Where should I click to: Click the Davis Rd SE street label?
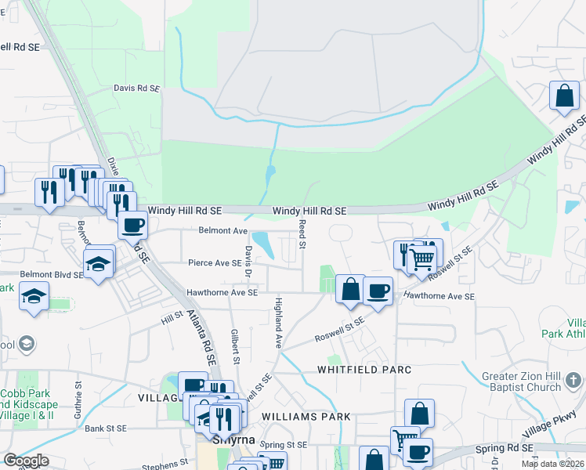[136, 89]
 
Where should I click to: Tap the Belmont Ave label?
[222, 231]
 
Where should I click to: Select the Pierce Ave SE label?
[214, 263]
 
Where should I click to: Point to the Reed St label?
[302, 234]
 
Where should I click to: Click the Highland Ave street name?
[277, 322]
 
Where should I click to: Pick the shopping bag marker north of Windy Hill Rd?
[564, 96]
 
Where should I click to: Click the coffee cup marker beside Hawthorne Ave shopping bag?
[378, 291]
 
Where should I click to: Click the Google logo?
[26, 461]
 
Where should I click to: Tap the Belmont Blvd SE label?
[51, 274]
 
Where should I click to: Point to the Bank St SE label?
[106, 428]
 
